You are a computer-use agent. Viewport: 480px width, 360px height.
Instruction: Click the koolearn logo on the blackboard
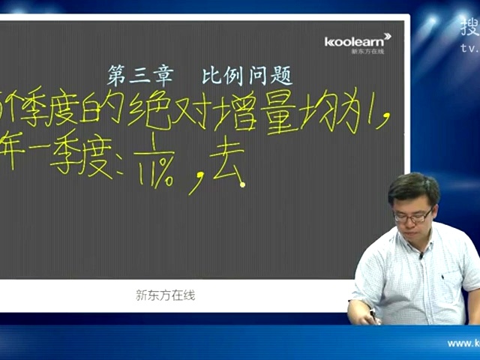[x=358, y=42]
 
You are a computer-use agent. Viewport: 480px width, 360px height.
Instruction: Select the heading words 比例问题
[x=247, y=76]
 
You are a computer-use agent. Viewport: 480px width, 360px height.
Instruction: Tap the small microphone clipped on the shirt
[x=421, y=256]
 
